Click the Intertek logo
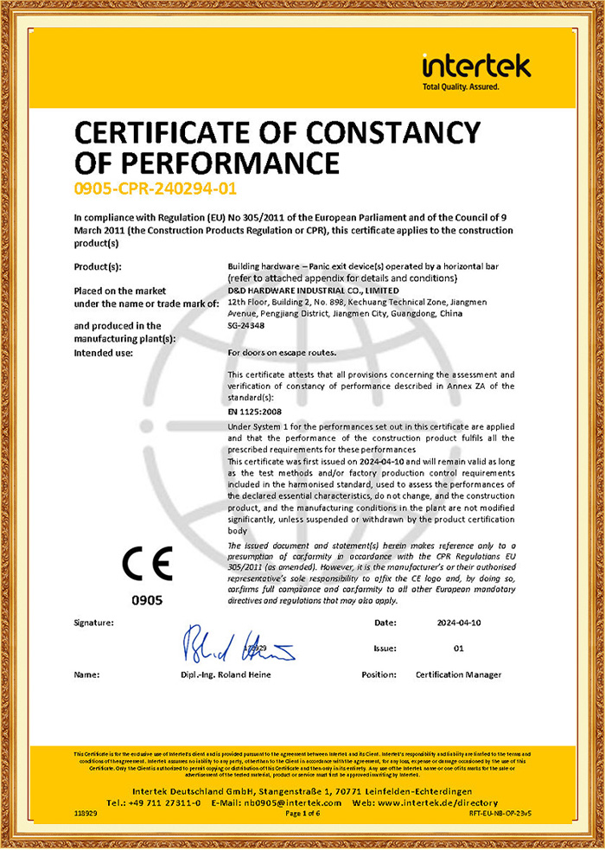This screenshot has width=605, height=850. [x=476, y=70]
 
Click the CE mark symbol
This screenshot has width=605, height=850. [x=147, y=563]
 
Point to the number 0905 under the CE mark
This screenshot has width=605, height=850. [x=146, y=599]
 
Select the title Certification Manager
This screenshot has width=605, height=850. [x=458, y=674]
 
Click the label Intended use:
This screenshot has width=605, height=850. [x=104, y=353]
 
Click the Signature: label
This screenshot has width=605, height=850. [x=94, y=622]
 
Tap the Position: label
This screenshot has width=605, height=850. [x=379, y=674]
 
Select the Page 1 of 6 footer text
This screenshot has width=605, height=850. [x=302, y=813]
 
